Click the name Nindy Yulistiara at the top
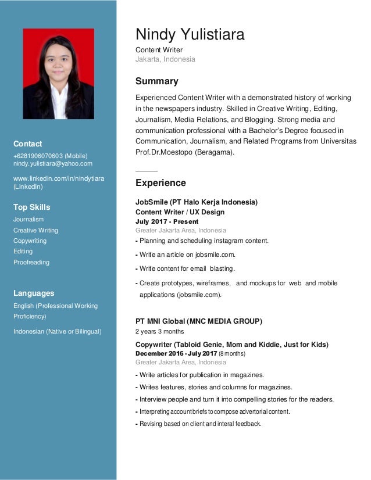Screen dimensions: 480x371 [x=190, y=35]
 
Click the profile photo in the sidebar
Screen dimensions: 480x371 [x=58, y=74]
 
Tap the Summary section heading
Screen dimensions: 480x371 [x=156, y=81]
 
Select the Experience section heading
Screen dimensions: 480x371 [x=160, y=183]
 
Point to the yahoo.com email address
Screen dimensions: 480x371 [x=53, y=163]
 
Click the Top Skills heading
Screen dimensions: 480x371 [x=31, y=207]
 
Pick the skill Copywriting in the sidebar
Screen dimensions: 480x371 [x=30, y=241]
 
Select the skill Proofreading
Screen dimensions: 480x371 [x=31, y=262]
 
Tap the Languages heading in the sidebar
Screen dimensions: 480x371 [x=34, y=293]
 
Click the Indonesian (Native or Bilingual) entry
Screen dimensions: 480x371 [x=57, y=331]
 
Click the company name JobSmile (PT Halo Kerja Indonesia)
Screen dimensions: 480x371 [x=196, y=202]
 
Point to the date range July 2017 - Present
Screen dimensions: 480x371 [x=166, y=221]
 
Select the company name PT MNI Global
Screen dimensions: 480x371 [x=198, y=321]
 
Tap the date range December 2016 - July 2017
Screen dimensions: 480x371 [x=176, y=353]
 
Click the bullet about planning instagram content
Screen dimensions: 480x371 [x=203, y=241]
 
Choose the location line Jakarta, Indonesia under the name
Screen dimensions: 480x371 [x=165, y=59]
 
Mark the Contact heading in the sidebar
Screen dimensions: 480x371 [x=27, y=144]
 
